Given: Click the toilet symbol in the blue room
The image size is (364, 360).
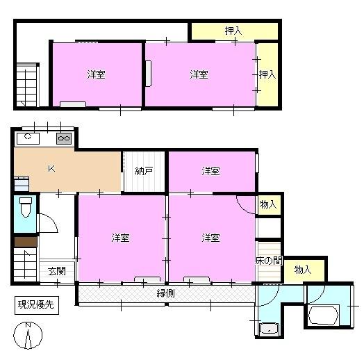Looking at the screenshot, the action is pyautogui.click(x=26, y=207).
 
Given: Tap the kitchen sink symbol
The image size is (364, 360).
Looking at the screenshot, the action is pyautogui.click(x=28, y=138).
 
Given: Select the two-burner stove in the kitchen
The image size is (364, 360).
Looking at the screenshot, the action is pyautogui.click(x=64, y=138).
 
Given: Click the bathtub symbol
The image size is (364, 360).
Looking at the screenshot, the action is pyautogui.click(x=324, y=316).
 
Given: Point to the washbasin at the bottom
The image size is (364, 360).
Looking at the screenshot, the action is pyautogui.click(x=270, y=329).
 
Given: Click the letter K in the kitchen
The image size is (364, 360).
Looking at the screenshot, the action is pyautogui.click(x=51, y=169).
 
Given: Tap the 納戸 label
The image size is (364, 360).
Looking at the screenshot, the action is pyautogui.click(x=144, y=171).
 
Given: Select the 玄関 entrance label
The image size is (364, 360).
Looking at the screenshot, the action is pyautogui.click(x=57, y=271).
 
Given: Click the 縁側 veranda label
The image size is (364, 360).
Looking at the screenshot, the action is pyautogui.click(x=166, y=293).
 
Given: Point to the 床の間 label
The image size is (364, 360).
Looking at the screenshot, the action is pyautogui.click(x=269, y=261).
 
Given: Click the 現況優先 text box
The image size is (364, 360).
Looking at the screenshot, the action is pyautogui.click(x=36, y=305).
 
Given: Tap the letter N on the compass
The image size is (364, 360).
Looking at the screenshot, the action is pyautogui.click(x=28, y=325).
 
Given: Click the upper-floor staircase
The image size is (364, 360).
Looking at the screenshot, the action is pyautogui.click(x=26, y=85).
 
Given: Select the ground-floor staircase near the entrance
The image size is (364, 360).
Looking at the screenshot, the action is pyautogui.click(x=25, y=265).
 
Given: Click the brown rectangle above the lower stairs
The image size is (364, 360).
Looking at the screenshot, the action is pyautogui.click(x=26, y=242).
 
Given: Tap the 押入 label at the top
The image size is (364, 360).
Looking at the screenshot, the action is pyautogui.click(x=233, y=31).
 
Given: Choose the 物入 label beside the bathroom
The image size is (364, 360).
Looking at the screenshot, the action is pyautogui.click(x=303, y=270).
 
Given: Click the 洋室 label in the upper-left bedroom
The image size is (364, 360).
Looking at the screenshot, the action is pyautogui.click(x=96, y=74).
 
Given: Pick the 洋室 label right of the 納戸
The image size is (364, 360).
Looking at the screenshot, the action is pyautogui.click(x=210, y=171).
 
